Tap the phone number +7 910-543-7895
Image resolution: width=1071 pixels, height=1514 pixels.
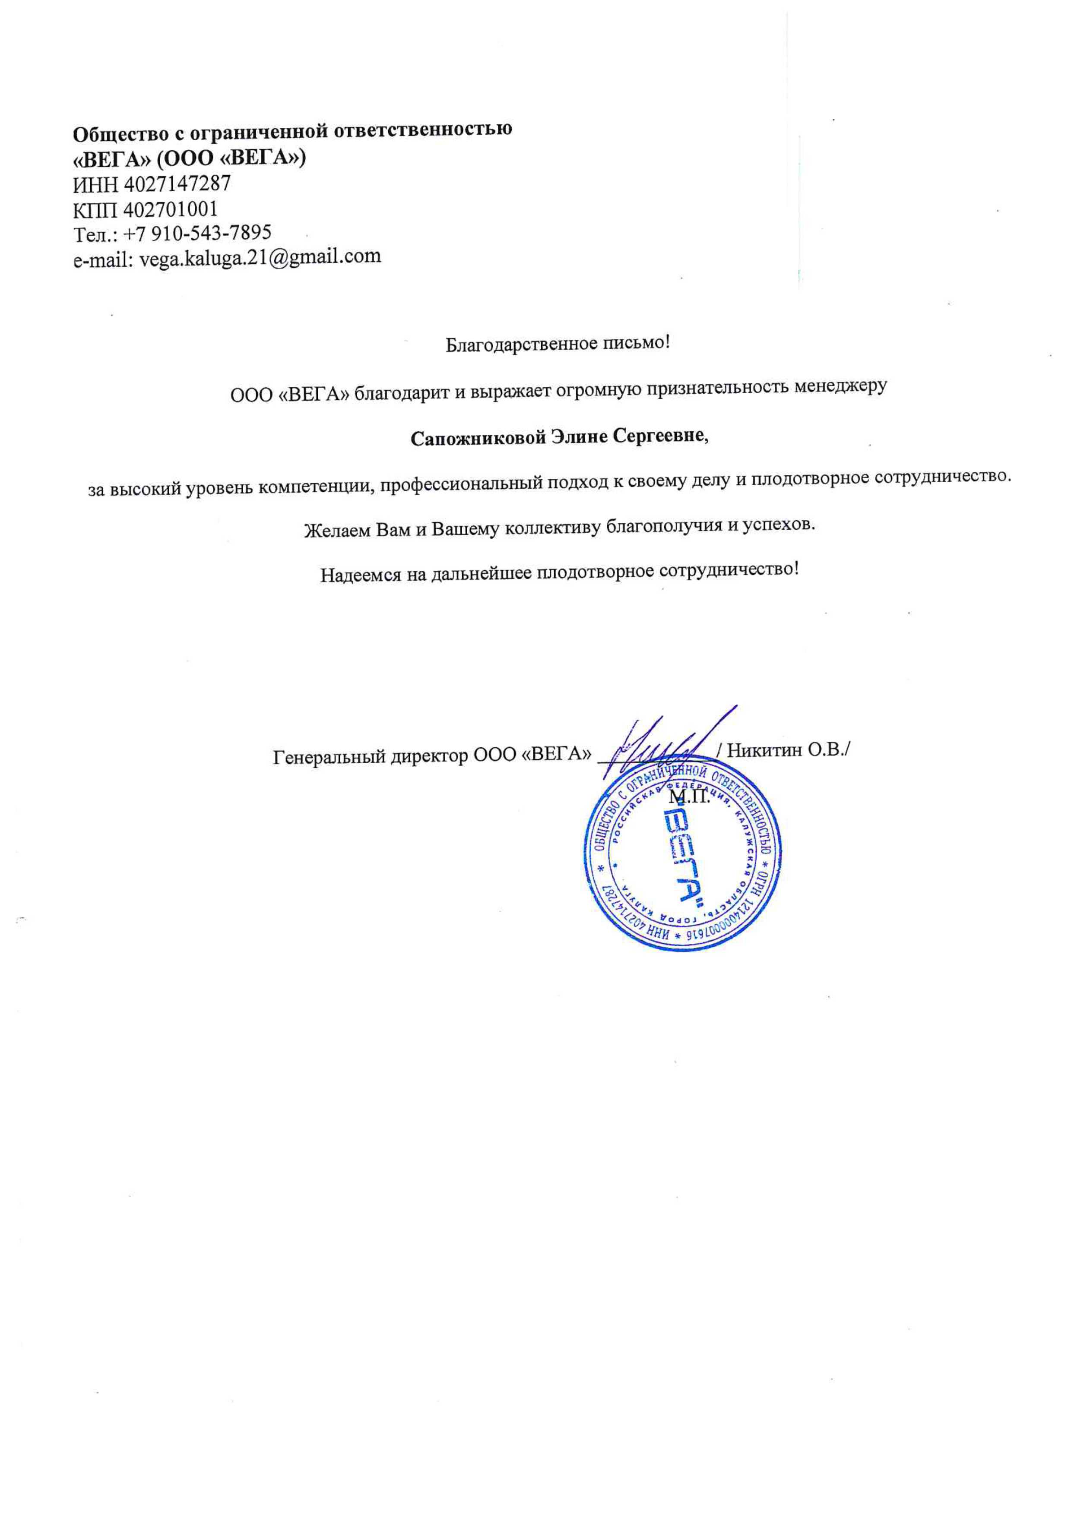pyautogui.click(x=197, y=234)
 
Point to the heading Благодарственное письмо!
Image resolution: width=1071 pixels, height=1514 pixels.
pyautogui.click(x=557, y=344)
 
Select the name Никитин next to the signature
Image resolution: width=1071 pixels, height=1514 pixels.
pyautogui.click(x=764, y=750)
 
